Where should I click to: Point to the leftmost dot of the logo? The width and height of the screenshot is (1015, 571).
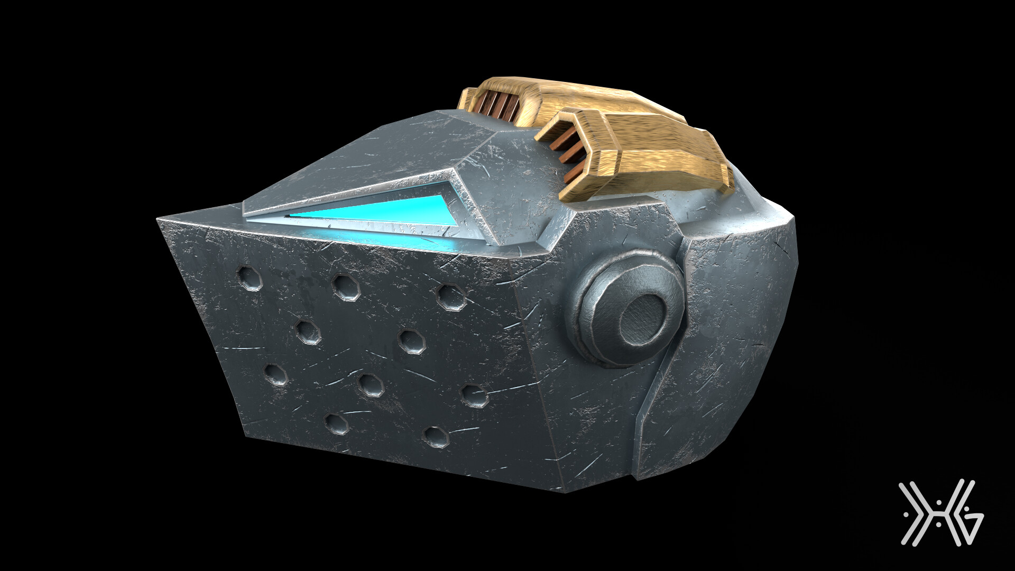[x=902, y=512]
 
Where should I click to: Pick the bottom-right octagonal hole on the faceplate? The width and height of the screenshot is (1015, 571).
[x=474, y=395]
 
